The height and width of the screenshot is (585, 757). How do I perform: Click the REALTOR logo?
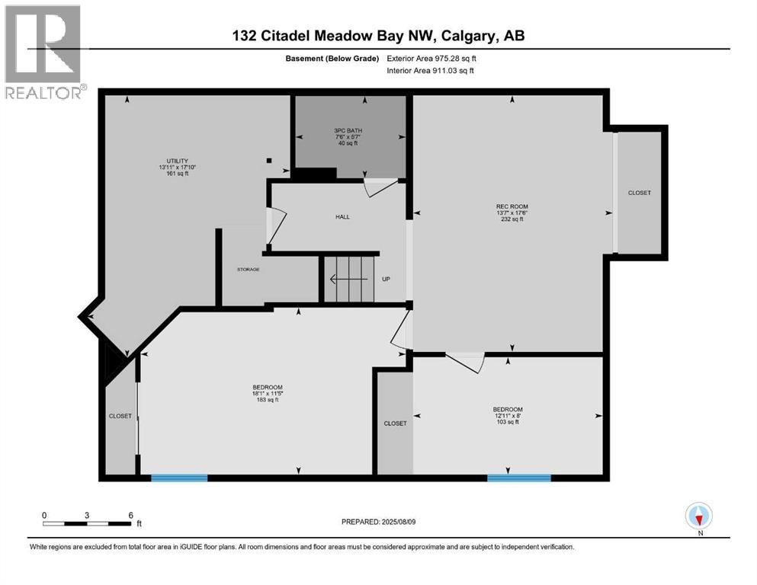(x=43, y=52)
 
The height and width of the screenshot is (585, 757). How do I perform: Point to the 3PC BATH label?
(x=348, y=130)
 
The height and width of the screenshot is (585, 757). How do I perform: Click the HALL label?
(x=342, y=217)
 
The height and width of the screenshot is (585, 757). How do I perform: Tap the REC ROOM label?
(x=512, y=206)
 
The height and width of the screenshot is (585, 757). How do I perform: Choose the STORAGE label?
(x=248, y=270)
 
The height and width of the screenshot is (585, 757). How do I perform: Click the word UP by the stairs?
(x=386, y=280)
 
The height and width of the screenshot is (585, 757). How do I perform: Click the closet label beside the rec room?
(x=639, y=193)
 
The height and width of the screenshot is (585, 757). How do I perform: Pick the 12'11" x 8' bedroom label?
(x=507, y=409)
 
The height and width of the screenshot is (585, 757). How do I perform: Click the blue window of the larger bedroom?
(x=179, y=478)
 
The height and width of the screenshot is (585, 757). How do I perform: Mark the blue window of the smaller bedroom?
(x=518, y=478)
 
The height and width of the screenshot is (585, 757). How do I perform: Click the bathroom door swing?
(x=379, y=187)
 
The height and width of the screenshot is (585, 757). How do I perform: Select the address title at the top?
(x=378, y=36)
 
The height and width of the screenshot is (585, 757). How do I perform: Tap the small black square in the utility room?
(x=269, y=160)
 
